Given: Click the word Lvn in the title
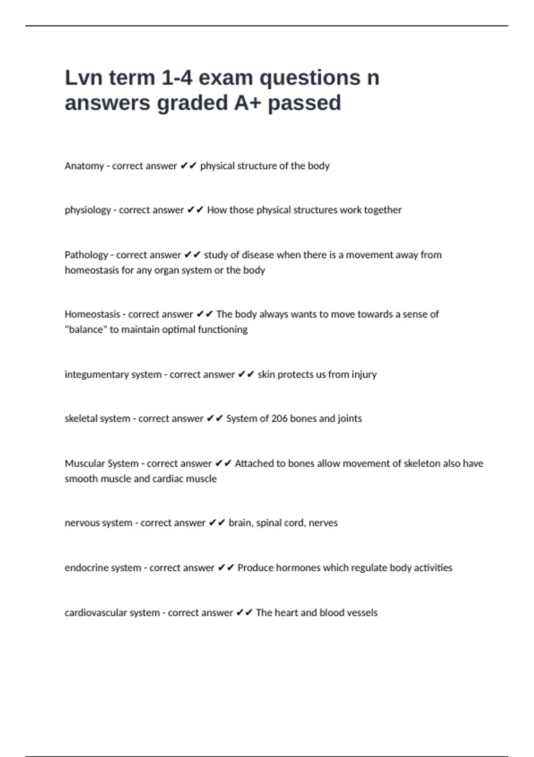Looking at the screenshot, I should (84, 78).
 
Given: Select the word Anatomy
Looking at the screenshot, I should (84, 166).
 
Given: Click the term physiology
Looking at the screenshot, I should (88, 210).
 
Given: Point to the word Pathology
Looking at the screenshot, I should (86, 255).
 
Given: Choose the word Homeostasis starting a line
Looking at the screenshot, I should (92, 314).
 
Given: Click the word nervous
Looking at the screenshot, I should (81, 523).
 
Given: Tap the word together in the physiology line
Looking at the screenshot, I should (383, 210).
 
